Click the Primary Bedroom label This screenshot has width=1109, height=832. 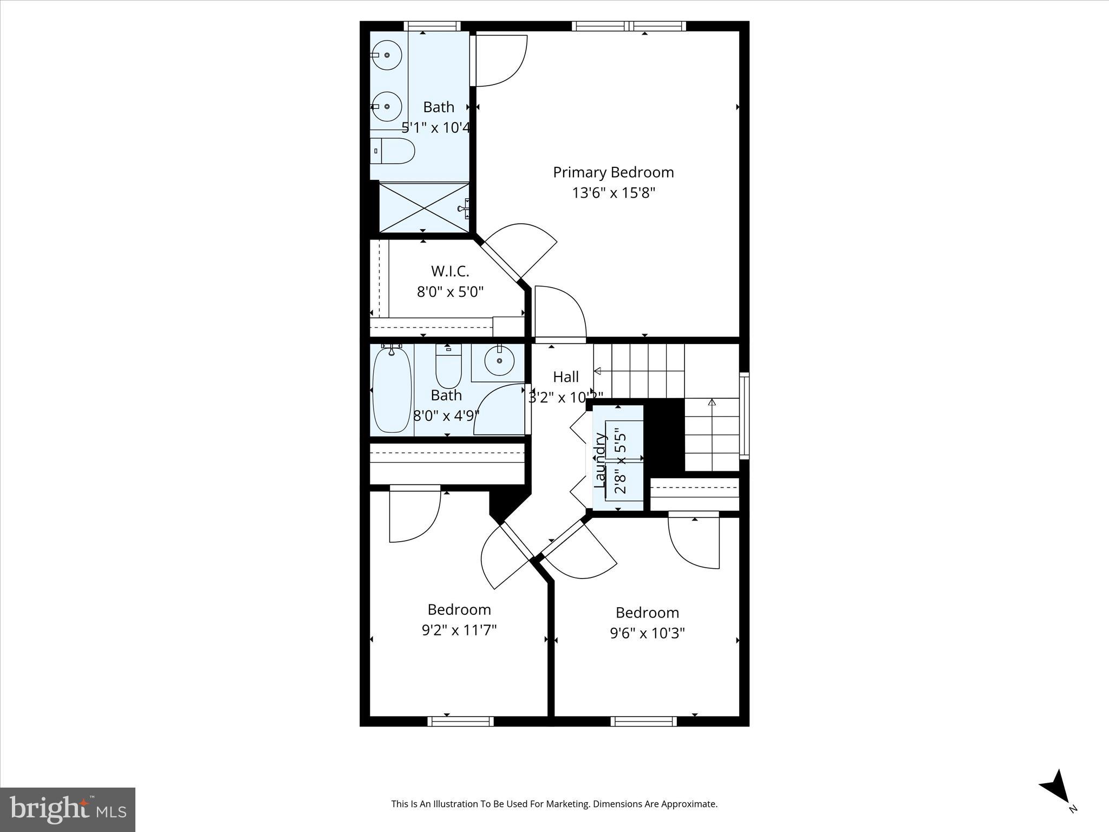(613, 172)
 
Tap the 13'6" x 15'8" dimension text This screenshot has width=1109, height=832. (614, 193)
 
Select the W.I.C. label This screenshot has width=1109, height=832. (449, 271)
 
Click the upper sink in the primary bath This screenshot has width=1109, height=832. (387, 55)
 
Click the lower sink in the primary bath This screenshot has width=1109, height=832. (387, 106)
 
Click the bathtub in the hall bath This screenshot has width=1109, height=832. (392, 390)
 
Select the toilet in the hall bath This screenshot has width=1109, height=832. (448, 365)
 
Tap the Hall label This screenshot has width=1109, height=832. (566, 376)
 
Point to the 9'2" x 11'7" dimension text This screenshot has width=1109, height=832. (459, 630)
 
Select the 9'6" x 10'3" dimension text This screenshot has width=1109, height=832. (647, 633)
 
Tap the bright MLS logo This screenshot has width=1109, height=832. (68, 810)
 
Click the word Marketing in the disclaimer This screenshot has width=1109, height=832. (567, 804)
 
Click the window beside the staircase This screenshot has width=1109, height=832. (745, 415)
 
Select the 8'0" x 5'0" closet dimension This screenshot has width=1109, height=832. (449, 292)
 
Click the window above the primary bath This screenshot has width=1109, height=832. (432, 25)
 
